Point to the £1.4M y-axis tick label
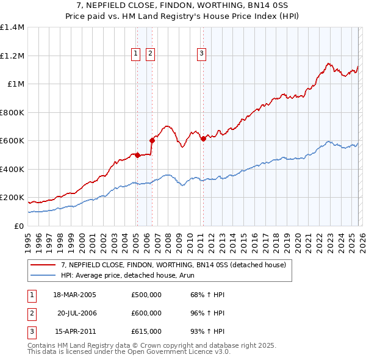pyautogui.click(x=12, y=27)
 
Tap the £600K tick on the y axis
pyautogui.click(x=12, y=141)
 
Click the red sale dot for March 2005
pyautogui.click(x=137, y=155)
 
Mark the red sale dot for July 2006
pyautogui.click(x=152, y=141)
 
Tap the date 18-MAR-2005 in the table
pyautogui.click(x=74, y=294)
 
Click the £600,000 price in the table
pyautogui.click(x=146, y=313)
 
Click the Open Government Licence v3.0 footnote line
pyautogui.click(x=129, y=352)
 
